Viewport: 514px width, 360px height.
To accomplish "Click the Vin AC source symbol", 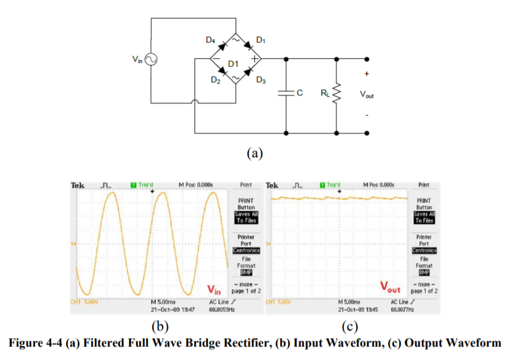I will pos(150,59).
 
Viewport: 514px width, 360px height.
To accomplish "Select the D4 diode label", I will pos(210,40).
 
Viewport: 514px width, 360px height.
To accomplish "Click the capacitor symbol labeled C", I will pos(286,93).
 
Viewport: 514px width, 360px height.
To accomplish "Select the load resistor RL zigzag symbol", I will pos(336,93).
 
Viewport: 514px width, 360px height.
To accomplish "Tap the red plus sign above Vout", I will pos(366,74).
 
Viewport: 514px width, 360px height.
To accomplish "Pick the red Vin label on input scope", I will pos(214,289).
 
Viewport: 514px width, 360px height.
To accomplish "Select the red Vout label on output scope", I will pos(390,289).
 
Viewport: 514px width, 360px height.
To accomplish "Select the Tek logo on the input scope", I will pos(77,185).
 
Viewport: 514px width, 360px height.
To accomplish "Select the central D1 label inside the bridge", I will pos(233,62).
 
